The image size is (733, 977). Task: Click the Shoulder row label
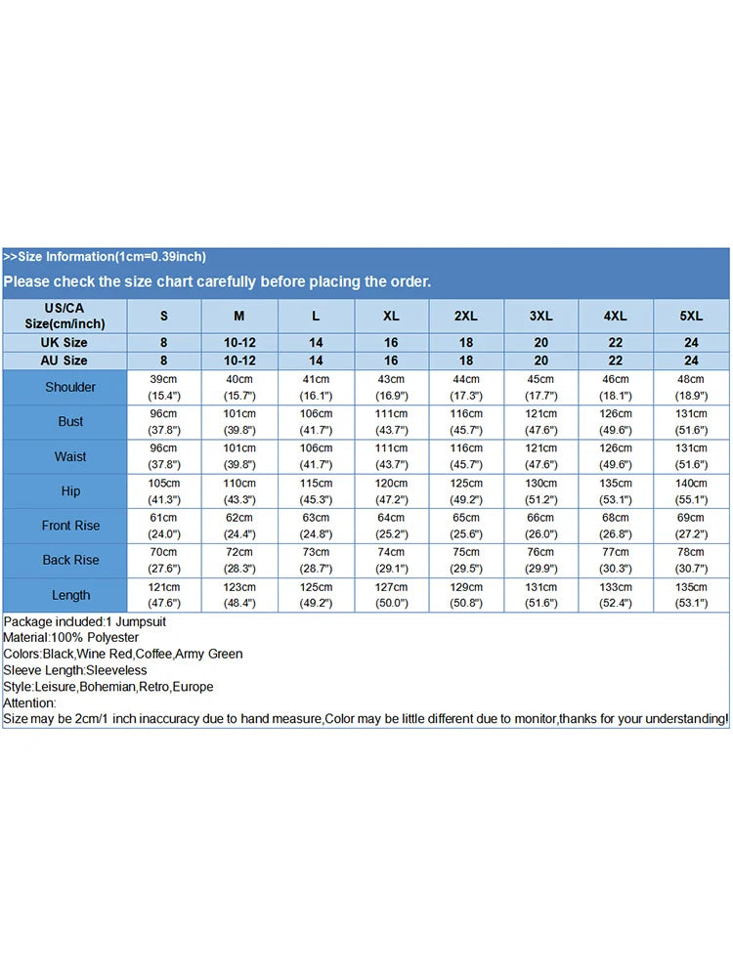(70, 387)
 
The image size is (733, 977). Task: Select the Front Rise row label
(70, 526)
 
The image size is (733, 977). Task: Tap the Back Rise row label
(70, 560)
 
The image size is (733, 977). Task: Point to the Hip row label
(70, 491)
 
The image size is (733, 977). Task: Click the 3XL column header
(541, 316)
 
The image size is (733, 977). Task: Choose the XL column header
(391, 316)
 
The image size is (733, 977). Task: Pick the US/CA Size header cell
(65, 316)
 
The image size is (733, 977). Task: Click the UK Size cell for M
(239, 343)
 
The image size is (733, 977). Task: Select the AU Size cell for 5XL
(691, 361)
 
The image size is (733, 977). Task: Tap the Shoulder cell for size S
(163, 387)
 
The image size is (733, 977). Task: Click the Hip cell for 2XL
(466, 491)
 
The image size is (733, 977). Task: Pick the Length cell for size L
(315, 595)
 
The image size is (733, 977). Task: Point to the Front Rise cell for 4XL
(616, 526)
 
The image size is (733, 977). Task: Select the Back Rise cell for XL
(391, 560)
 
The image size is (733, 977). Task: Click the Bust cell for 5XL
(691, 422)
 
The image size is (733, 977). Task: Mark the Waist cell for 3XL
(541, 456)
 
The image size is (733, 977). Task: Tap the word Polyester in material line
(111, 638)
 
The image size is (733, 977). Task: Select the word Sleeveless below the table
(116, 670)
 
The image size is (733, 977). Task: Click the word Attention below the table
(29, 702)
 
